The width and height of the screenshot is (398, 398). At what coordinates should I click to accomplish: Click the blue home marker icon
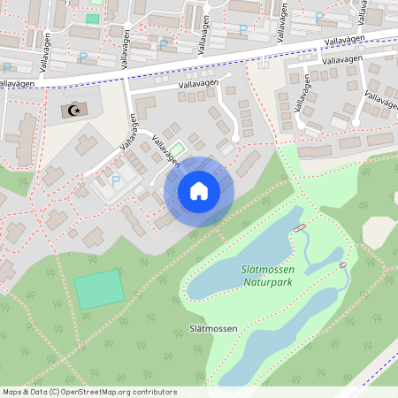click(x=199, y=191)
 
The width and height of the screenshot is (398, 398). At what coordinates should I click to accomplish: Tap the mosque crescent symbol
click(x=74, y=111)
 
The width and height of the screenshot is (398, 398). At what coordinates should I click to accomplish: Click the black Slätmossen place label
click(x=213, y=328)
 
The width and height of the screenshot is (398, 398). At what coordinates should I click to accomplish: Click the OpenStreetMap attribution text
click(x=89, y=392)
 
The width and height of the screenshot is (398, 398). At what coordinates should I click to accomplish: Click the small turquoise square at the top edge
click(x=93, y=18)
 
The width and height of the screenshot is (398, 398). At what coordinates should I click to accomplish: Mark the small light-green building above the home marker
click(x=178, y=149)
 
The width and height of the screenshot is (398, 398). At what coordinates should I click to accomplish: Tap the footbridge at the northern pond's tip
click(x=300, y=228)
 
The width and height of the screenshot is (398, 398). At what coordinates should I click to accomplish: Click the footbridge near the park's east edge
click(x=342, y=264)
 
